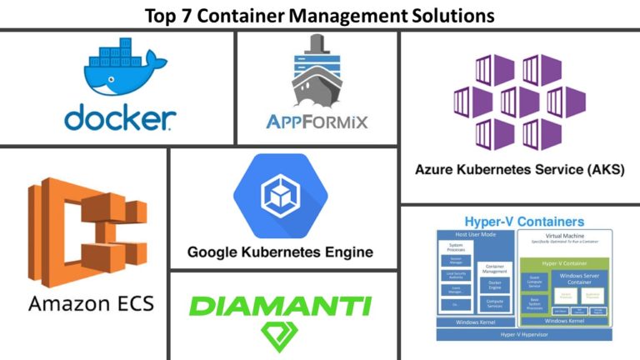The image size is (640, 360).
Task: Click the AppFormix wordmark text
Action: pyautogui.click(x=317, y=123)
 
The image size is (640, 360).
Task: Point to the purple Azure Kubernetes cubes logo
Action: pyautogui.click(x=519, y=102)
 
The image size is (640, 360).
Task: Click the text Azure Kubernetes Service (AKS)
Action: pyautogui.click(x=519, y=169)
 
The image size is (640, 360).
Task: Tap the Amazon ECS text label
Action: pyautogui.click(x=91, y=303)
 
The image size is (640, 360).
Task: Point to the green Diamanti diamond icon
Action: pyautogui.click(x=280, y=336)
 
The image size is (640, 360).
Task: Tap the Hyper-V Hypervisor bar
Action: pyautogui.click(x=525, y=333)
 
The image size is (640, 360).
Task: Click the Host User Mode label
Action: pyautogui.click(x=475, y=234)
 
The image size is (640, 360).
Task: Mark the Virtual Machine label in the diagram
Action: pyautogui.click(x=567, y=237)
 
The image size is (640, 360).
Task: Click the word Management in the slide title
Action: pyautogui.click(x=345, y=14)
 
